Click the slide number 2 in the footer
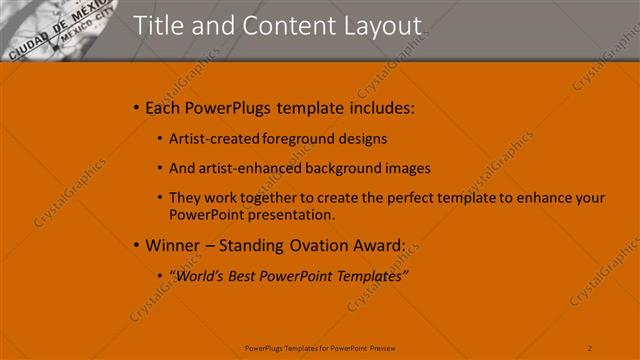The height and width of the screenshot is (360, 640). (x=590, y=348)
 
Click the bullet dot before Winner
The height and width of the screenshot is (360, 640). (x=136, y=245)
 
